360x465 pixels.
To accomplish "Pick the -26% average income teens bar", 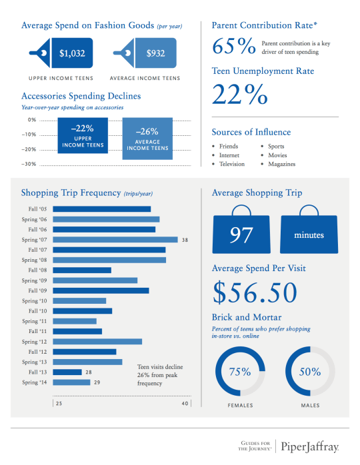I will pos(147,139).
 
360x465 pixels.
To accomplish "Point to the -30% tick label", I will pos(29,164).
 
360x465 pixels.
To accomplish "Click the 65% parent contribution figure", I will pos(233,47).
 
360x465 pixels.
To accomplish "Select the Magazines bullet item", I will pos(281,164).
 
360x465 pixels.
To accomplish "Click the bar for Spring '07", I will pos(115,240).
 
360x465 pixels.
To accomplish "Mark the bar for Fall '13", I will pos(67,372).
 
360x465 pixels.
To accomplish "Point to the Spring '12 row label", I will pos(34,342).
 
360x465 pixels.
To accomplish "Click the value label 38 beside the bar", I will pos(185,240).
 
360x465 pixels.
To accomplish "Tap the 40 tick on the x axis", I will pos(186,404).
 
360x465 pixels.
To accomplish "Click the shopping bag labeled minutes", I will pos(308,234).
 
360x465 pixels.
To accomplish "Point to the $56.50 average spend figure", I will pos(254,292).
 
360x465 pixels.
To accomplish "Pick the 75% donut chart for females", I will pos(240,371).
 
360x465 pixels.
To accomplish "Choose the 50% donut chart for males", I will pos(310,371).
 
